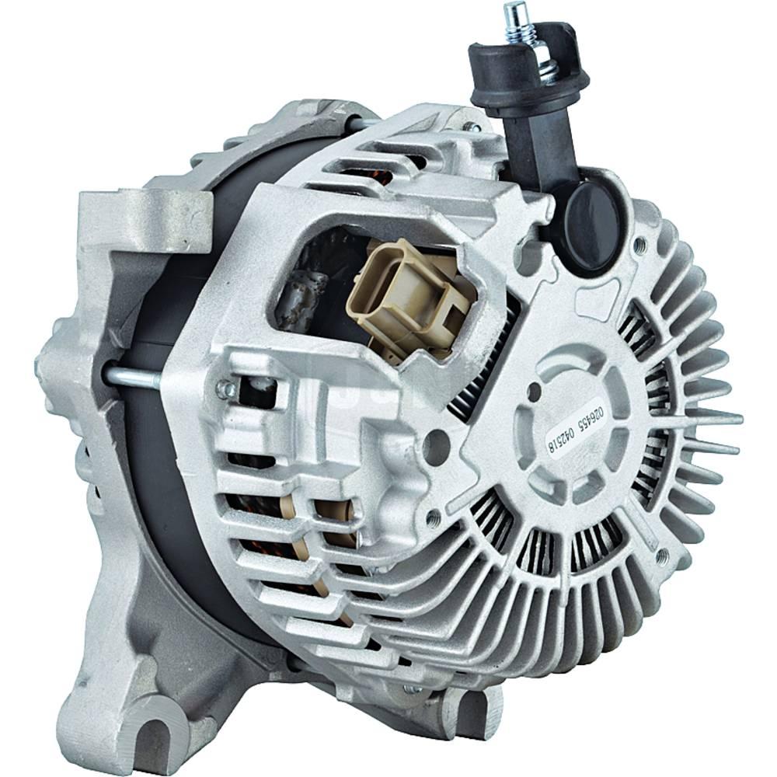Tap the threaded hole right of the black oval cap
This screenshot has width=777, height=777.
tap(640, 245)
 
